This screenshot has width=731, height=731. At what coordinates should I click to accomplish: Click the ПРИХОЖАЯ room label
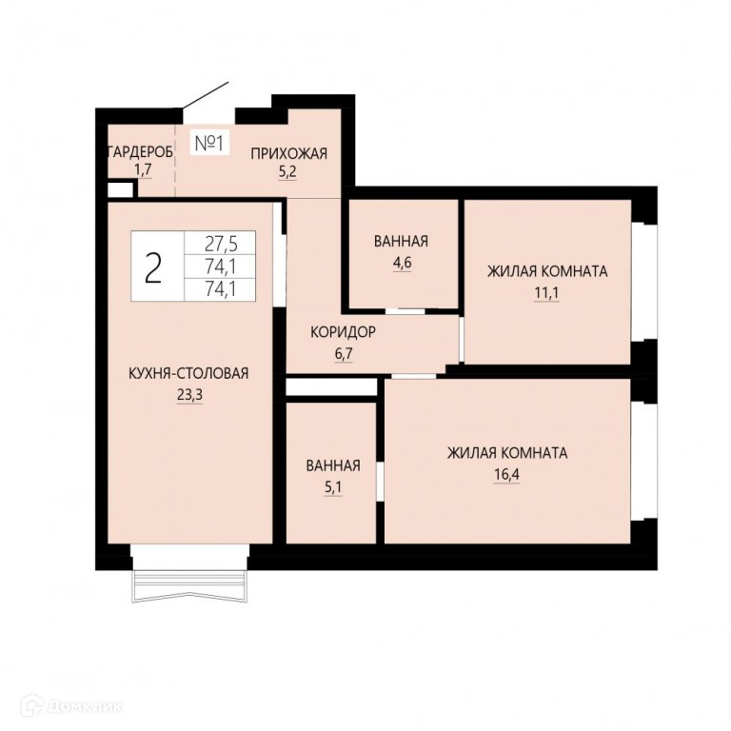pos(289,153)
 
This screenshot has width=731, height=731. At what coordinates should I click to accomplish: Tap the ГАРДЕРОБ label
pos(140,152)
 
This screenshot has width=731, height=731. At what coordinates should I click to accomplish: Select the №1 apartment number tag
pos(209,143)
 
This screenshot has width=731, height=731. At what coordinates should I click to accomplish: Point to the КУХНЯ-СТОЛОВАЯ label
pos(188,373)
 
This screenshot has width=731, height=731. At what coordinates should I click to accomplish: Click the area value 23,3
pos(189,395)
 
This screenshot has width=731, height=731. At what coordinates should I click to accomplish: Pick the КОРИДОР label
pos(343,332)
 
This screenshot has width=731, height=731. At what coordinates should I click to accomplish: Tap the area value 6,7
pos(344,354)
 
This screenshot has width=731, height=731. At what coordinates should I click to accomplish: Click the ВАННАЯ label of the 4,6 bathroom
pos(401,242)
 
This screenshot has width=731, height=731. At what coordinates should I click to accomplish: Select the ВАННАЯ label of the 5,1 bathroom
pos(333,465)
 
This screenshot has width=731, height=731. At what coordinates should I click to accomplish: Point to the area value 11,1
pos(546,293)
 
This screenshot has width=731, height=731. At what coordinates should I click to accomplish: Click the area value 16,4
pos(506,475)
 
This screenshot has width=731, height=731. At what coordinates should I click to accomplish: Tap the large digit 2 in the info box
pos(153,267)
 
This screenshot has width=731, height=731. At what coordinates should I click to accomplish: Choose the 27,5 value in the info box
pos(221,244)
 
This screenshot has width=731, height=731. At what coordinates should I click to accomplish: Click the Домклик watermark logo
pos(74,706)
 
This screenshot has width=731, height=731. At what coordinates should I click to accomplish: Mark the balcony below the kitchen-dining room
pos(189,586)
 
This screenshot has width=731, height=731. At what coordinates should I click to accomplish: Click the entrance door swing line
pos(206,97)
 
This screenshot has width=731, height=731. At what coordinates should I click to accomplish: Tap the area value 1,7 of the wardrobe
pos(143,169)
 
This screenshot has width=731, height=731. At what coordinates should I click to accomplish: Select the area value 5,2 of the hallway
pos(287,172)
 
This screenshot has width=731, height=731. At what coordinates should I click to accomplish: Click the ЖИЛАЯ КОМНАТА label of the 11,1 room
pos(547,271)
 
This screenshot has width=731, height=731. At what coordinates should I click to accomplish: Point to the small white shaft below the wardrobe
pos(120,189)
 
